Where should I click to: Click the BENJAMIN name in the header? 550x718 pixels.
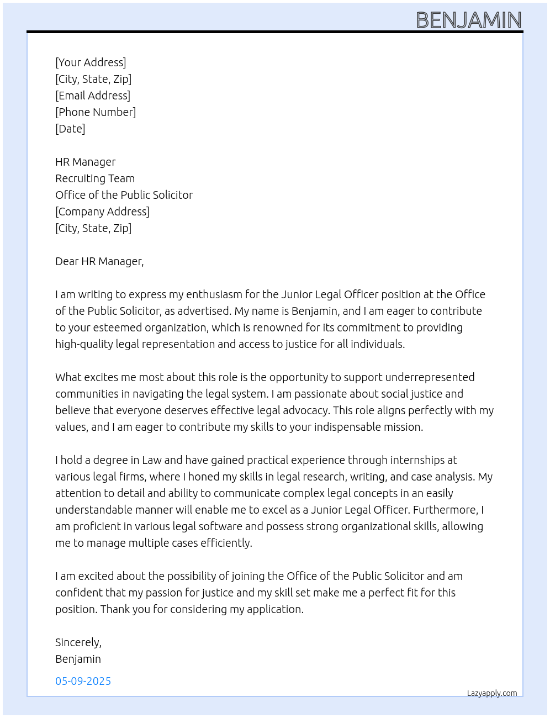pos(468,20)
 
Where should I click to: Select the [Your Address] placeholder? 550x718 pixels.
pos(91,62)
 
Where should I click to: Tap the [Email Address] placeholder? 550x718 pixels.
pos(93,96)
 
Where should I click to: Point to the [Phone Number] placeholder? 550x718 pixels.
pos(96,112)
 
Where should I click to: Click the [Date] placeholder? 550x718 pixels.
pos(70,129)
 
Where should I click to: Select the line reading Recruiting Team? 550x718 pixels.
pos(95,178)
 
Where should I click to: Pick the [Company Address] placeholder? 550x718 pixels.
pos(102,212)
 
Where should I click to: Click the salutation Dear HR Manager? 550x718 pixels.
pos(99,261)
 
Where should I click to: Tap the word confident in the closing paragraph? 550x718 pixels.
pos(80,593)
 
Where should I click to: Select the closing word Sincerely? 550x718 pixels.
pos(78,642)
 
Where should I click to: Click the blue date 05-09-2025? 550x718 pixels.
pos(83,681)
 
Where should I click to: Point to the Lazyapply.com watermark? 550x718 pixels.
pos(492,693)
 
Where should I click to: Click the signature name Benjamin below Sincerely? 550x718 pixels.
pos(78,659)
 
